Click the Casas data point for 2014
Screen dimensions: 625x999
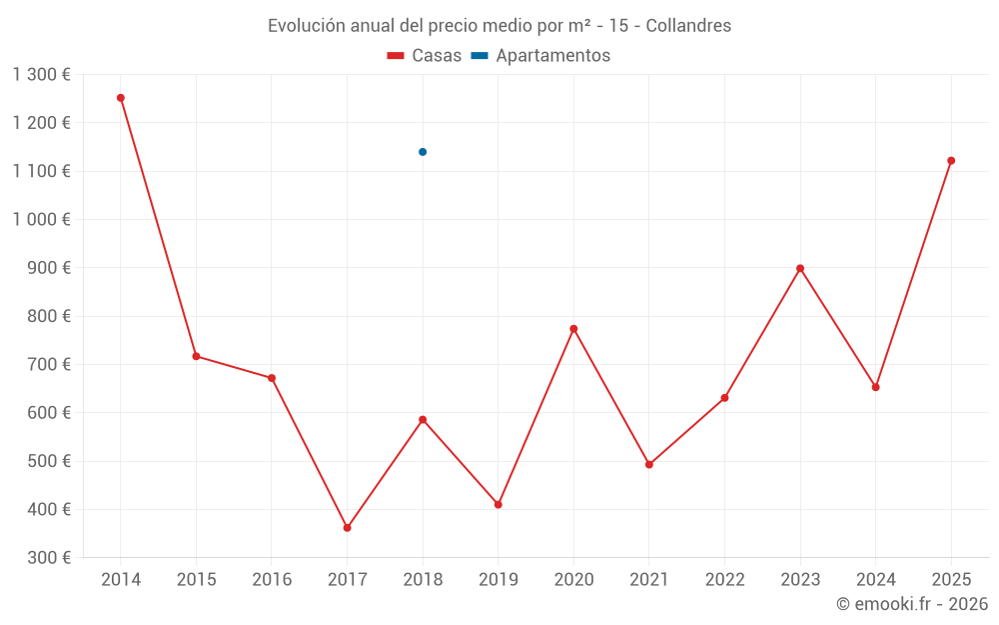click(x=121, y=98)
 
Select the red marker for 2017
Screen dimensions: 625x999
click(x=347, y=528)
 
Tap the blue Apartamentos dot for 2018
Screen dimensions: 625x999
click(x=423, y=152)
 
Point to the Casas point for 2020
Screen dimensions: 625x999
click(x=573, y=329)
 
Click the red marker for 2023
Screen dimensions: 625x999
click(x=800, y=268)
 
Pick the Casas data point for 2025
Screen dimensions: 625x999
click(x=951, y=161)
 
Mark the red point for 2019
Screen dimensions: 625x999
click(x=498, y=505)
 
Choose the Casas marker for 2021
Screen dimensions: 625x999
click(x=649, y=465)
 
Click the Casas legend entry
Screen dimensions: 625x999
click(x=425, y=56)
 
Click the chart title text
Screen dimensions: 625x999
click(x=499, y=26)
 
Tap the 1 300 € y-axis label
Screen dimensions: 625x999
click(x=42, y=75)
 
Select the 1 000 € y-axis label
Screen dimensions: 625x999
click(x=42, y=220)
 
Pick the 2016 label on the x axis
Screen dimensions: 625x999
click(x=272, y=580)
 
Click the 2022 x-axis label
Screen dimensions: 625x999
click(x=725, y=580)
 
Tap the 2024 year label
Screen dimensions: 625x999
click(x=876, y=580)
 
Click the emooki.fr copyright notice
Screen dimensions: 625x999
click(x=912, y=604)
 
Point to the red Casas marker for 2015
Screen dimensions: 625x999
click(x=196, y=356)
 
